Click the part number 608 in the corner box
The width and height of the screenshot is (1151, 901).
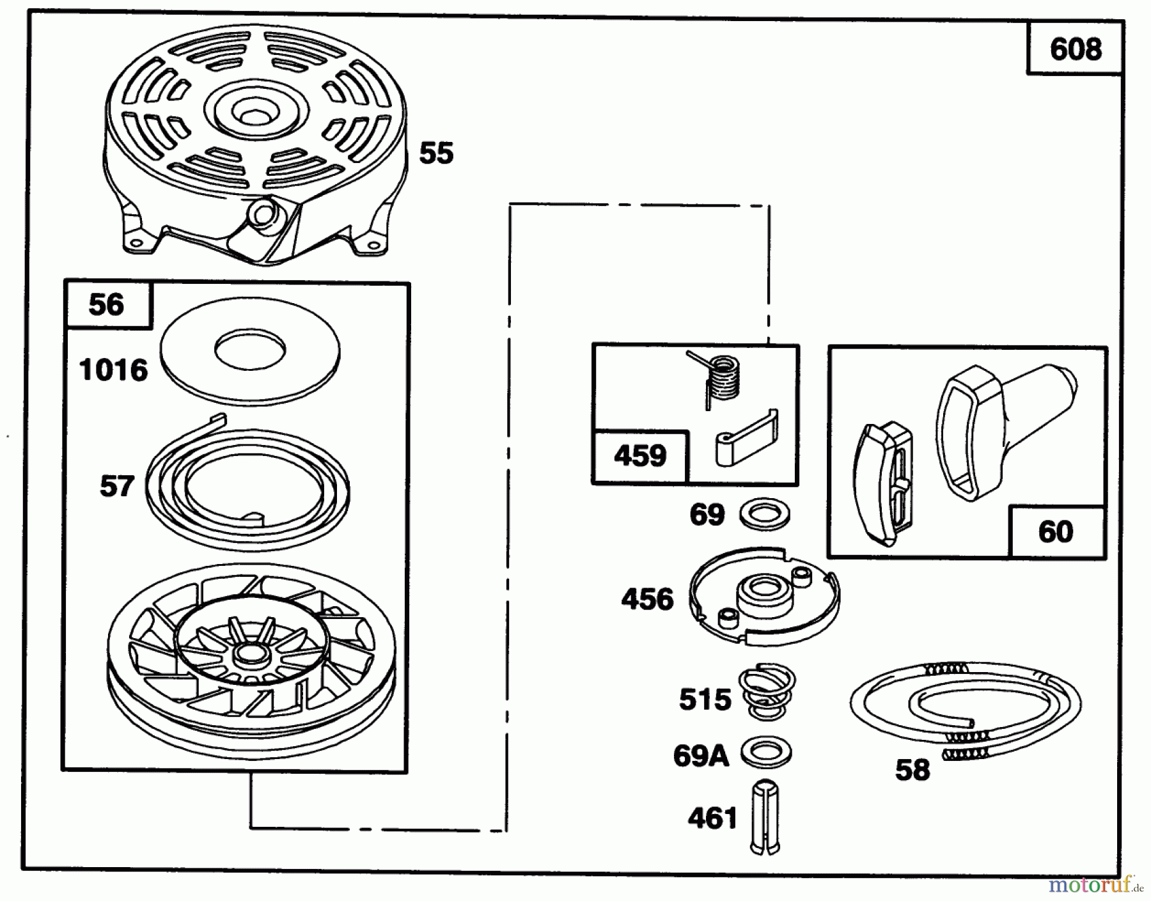pyautogui.click(x=1076, y=49)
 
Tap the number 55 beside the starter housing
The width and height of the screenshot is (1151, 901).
pyautogui.click(x=436, y=153)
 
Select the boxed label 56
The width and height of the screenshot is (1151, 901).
pyautogui.click(x=106, y=304)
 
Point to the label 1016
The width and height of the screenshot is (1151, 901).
pyautogui.click(x=113, y=370)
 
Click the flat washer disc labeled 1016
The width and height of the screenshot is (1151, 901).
pyautogui.click(x=250, y=352)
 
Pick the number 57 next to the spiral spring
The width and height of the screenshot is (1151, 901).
pyautogui.click(x=117, y=487)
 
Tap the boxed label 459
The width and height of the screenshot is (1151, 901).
pyautogui.click(x=640, y=456)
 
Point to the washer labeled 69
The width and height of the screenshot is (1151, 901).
pyautogui.click(x=763, y=515)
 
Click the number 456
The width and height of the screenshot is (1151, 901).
pyautogui.click(x=648, y=600)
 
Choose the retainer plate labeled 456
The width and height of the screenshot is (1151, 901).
pyautogui.click(x=765, y=595)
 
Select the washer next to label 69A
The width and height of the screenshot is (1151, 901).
pyautogui.click(x=766, y=753)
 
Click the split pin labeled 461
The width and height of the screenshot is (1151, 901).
pyautogui.click(x=765, y=818)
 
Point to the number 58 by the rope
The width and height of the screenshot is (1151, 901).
pyautogui.click(x=912, y=771)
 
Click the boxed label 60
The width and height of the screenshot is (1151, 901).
pyautogui.click(x=1056, y=532)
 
